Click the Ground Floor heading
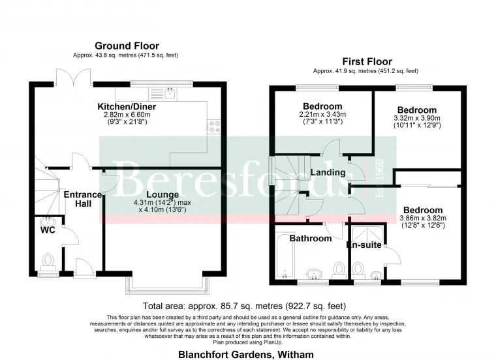pyautogui.click(x=127, y=46)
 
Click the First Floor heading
pyautogui.click(x=367, y=61)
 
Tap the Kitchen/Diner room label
pyautogui.click(x=127, y=106)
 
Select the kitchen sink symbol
pyautogui.click(x=163, y=94)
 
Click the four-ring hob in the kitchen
pyautogui.click(x=214, y=127)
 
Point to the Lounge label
pyautogui.click(x=163, y=195)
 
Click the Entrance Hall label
pyautogui.click(x=83, y=199)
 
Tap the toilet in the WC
pyautogui.click(x=48, y=263)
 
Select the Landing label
pyautogui.click(x=328, y=172)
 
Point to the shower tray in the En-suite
pyautogui.click(x=367, y=235)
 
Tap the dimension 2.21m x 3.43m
pyautogui.click(x=322, y=114)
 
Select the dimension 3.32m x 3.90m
pyautogui.click(x=417, y=118)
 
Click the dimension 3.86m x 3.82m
pyautogui.click(x=423, y=218)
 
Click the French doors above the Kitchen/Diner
pyautogui.click(x=74, y=78)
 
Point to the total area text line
pyautogui.click(x=244, y=306)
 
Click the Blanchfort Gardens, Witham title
pyautogui.click(x=246, y=355)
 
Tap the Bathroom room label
pyautogui.click(x=311, y=238)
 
